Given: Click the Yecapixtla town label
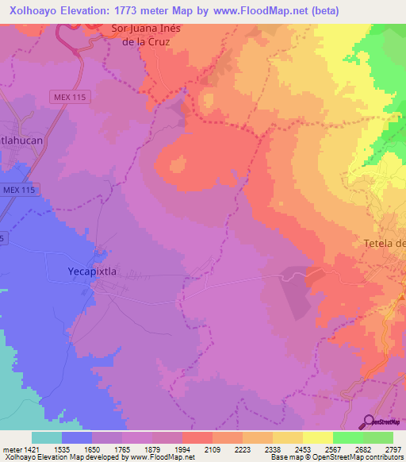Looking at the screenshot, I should click(88, 271).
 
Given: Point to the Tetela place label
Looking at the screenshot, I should click(384, 243).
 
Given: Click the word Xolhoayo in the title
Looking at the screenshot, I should click(36, 11).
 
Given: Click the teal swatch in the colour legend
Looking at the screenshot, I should click(47, 437).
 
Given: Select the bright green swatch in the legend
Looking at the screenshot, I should click(347, 437).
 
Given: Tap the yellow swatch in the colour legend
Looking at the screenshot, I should click(317, 437).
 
